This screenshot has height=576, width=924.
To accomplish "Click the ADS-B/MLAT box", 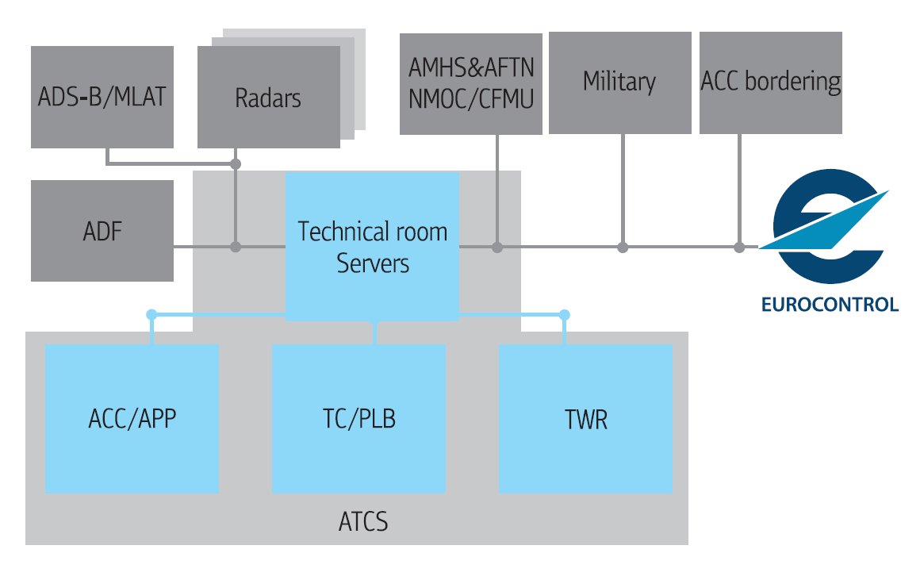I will point(102,97).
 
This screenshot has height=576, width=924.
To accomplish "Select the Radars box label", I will point(268,98).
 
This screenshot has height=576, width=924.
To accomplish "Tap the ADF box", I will point(102,231).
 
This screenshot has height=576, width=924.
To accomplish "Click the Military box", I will point(619,82).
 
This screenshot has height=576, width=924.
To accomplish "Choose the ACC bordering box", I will point(770,82).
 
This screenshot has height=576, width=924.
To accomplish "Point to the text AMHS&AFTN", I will point(471,70).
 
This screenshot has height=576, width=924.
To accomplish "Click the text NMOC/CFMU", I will point(471,100).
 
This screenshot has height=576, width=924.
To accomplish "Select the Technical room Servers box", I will point(372,247).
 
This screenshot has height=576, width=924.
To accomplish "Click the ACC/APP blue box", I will point(132,418).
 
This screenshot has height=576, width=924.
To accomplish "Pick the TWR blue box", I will point(585,418).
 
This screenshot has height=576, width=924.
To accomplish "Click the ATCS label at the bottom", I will point(363,524).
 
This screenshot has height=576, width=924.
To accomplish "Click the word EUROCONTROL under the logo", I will point(829,305).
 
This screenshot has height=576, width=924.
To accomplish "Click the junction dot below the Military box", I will point(623,248).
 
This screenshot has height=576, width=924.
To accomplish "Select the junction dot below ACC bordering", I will point(739,248).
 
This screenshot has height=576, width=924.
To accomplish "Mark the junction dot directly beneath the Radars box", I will point(236,164).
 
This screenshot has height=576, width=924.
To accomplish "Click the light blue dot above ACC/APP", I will point(151,315).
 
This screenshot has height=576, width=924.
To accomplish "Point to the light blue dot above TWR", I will point(565,315).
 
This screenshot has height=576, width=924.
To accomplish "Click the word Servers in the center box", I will point(373,263).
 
